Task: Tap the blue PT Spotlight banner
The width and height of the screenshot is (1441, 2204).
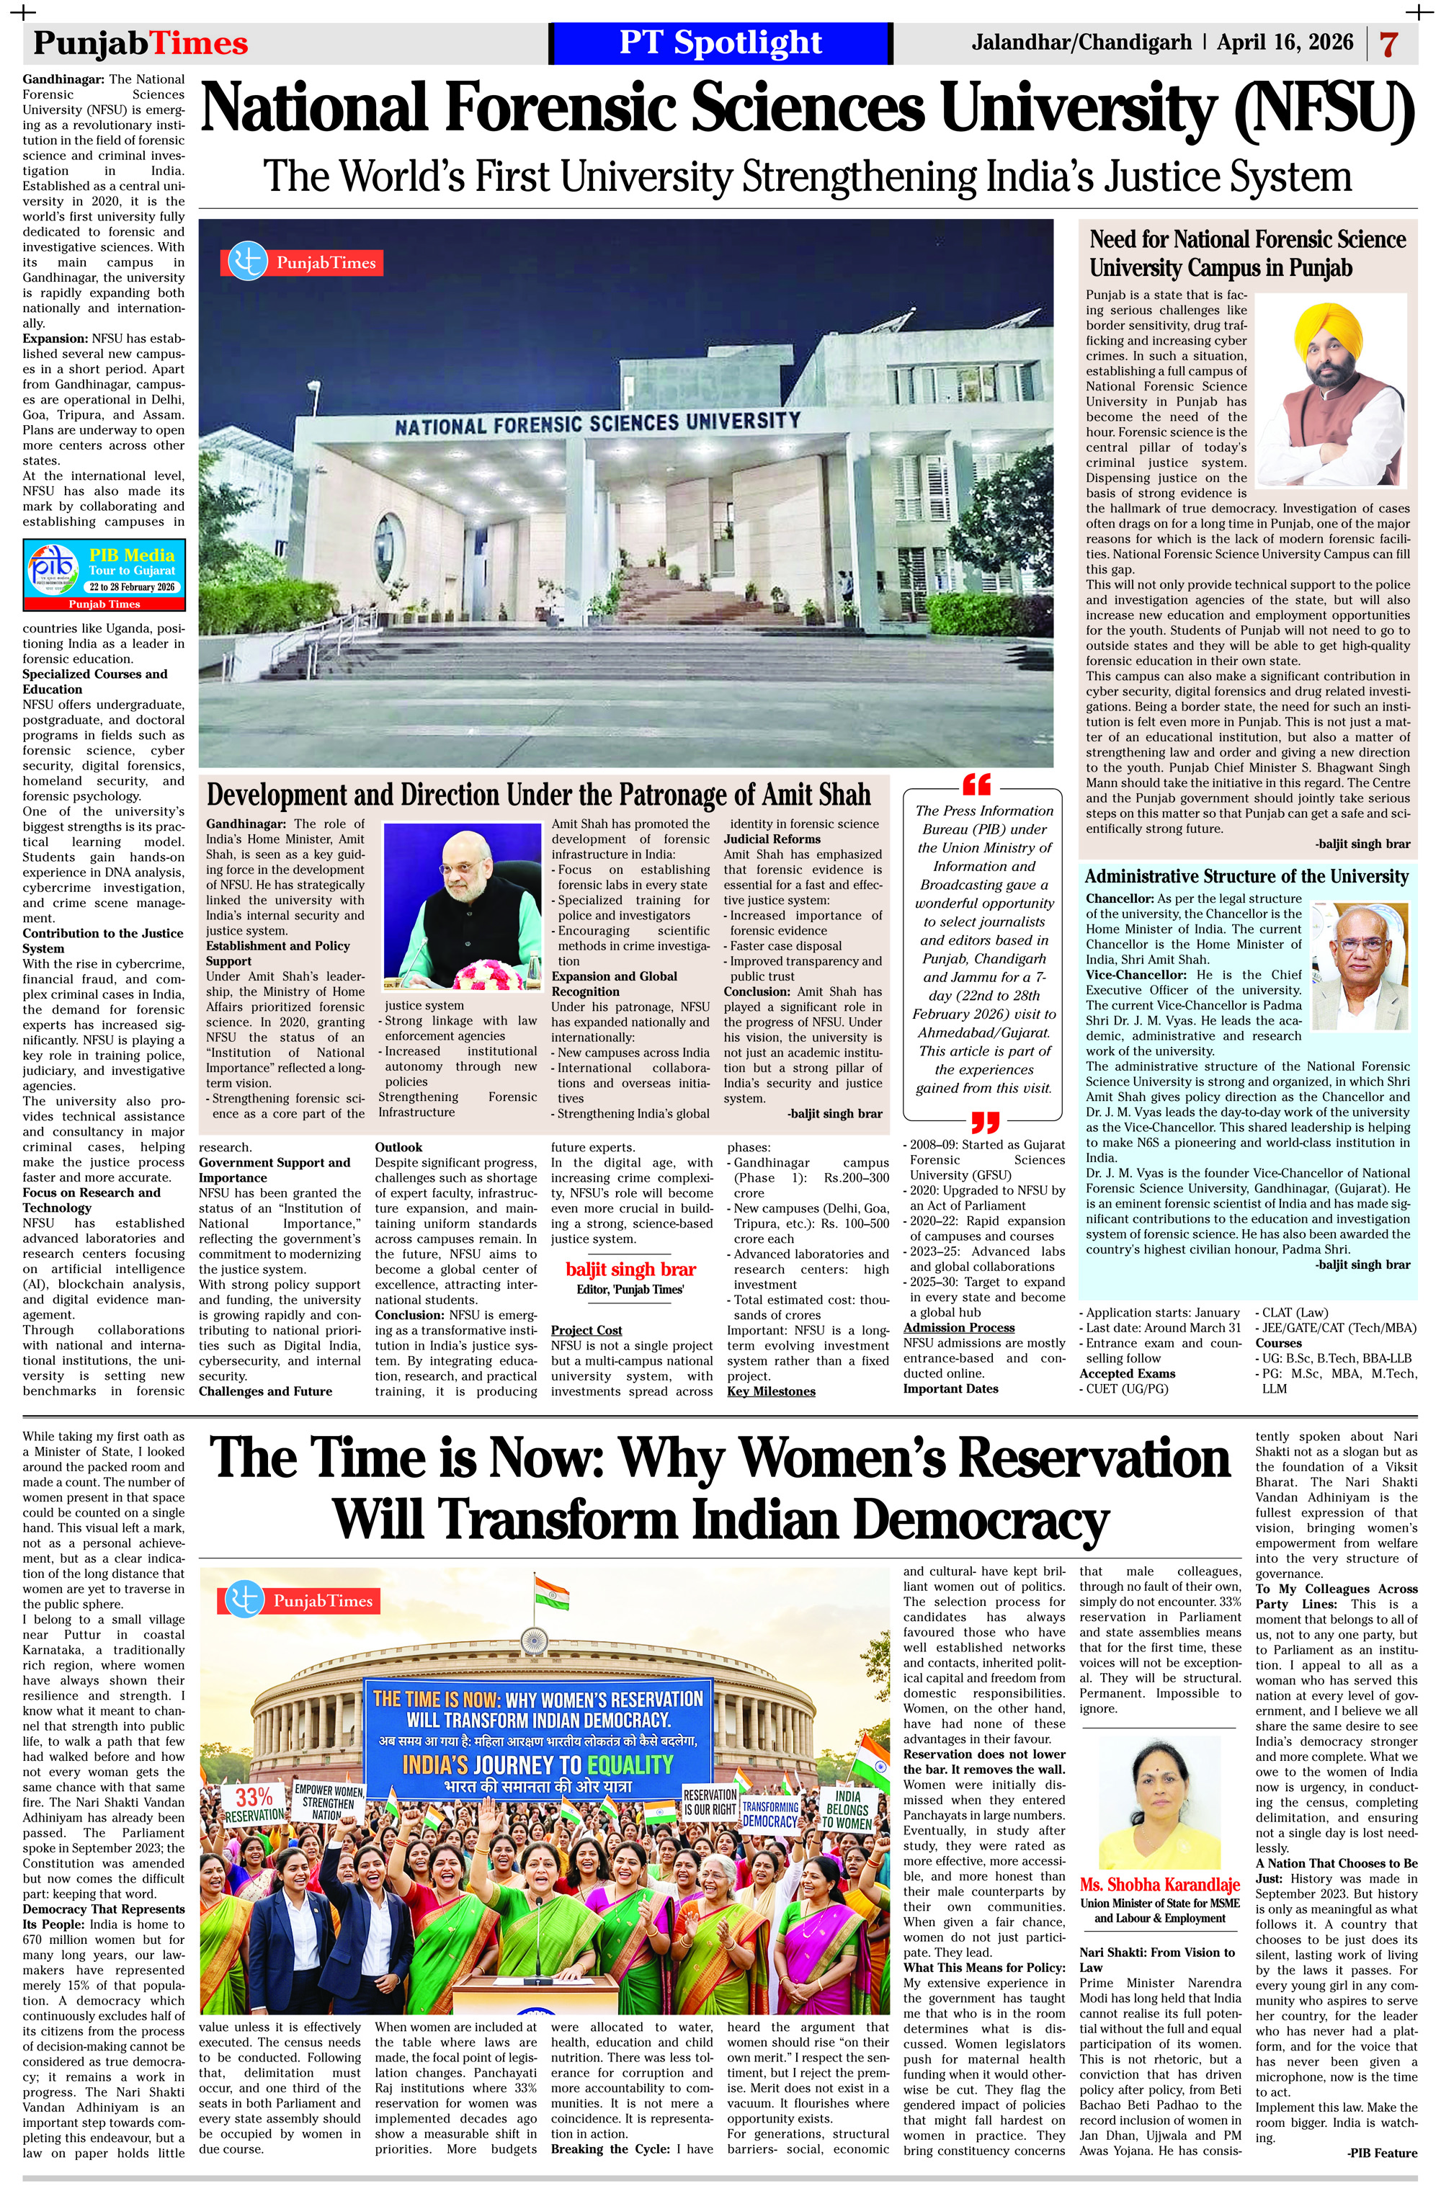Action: click(x=720, y=43)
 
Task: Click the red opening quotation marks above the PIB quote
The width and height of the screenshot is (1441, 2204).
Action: click(x=977, y=785)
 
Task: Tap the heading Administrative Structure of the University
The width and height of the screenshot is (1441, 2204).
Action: click(x=1246, y=876)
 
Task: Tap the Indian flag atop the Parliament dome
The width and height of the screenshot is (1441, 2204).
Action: click(x=551, y=1590)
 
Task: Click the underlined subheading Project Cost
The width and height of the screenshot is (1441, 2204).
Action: click(x=586, y=1330)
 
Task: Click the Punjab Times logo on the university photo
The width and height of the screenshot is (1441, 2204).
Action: click(x=301, y=262)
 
